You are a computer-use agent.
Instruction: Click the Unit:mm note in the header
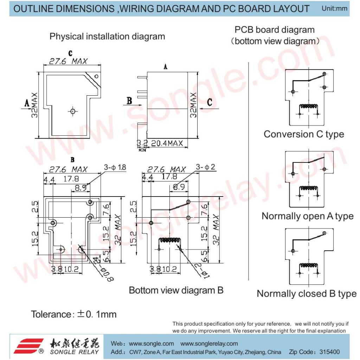pos(334,8)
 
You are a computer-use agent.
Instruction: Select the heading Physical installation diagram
pos(107,37)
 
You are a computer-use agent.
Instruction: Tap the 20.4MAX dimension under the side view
pos(167,143)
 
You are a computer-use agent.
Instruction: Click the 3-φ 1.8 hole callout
pos(115,167)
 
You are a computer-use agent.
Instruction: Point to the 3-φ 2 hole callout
pos(205,167)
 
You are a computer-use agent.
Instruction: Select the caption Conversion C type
pos(304,134)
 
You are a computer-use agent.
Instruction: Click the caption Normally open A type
pos(307,216)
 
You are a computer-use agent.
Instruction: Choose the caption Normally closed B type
pos(307,294)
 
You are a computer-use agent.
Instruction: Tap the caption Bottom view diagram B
pos(176,290)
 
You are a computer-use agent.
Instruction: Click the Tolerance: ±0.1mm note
pos(74,314)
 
